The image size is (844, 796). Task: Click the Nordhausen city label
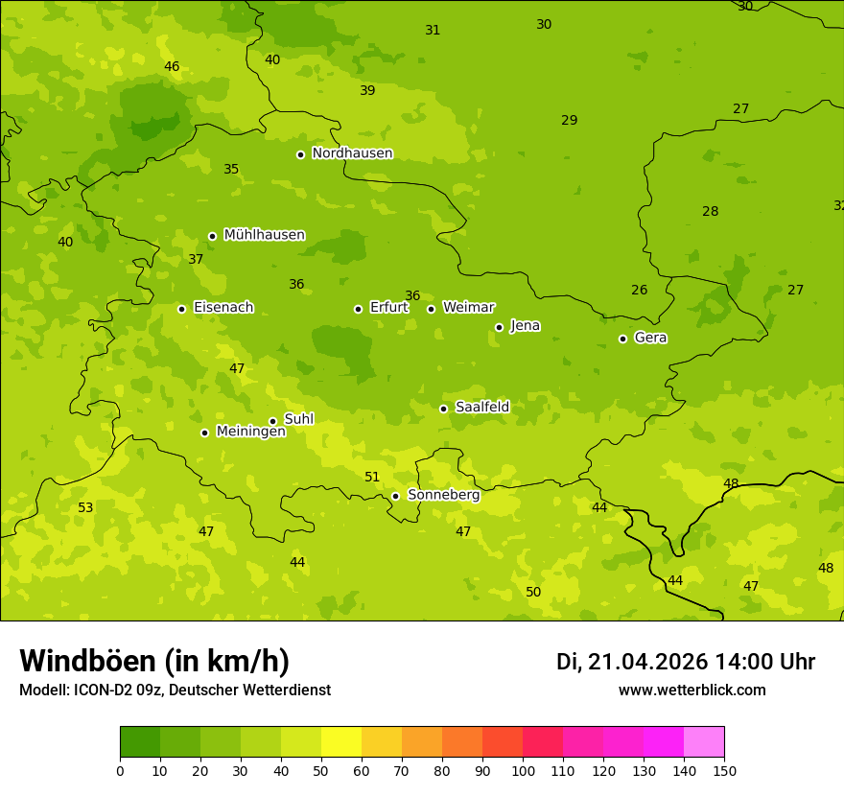coord(352,153)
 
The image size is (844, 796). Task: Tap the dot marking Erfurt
coord(358,309)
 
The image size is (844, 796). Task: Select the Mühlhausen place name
coord(264,235)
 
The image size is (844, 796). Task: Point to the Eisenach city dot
coord(181,309)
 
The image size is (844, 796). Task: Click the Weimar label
coord(468,308)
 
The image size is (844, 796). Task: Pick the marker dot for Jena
coord(499,327)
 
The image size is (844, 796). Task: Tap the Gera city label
coord(650,338)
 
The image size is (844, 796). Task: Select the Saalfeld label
coord(481,408)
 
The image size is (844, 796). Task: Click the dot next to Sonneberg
coord(395,496)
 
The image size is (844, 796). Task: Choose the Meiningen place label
coord(250,432)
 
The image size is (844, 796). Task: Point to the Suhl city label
coord(298,419)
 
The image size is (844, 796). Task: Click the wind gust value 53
coord(85,507)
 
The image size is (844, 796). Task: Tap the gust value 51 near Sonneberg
coord(372,477)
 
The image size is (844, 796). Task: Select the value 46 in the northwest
coord(172,66)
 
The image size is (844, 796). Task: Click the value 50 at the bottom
coord(533,592)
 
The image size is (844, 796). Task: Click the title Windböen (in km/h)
coord(154,661)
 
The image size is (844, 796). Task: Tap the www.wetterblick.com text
coord(692,690)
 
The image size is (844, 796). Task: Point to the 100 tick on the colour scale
coord(523,770)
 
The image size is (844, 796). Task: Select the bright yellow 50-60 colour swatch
coord(341,741)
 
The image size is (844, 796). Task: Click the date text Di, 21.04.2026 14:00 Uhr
coord(686,662)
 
